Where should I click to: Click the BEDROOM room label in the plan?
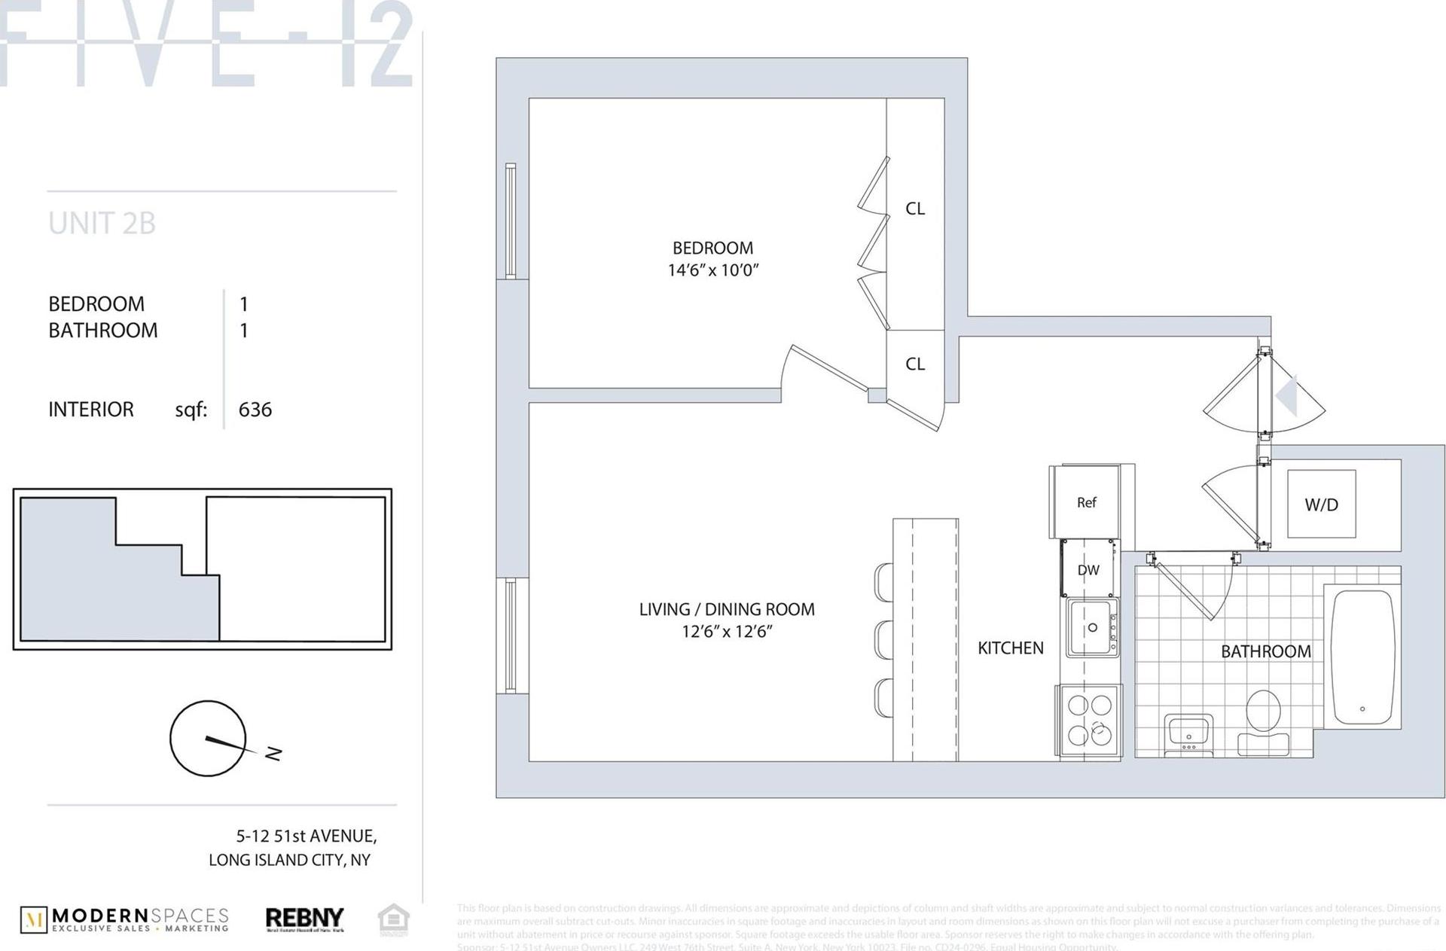[x=712, y=248]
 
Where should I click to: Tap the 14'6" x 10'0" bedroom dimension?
[x=712, y=270]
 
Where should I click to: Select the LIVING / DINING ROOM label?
[x=726, y=609]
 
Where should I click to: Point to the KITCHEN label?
[x=1010, y=648]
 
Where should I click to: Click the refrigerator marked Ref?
[x=1086, y=502]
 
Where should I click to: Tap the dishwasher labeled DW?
[x=1088, y=570]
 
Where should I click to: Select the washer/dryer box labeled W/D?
[x=1321, y=504]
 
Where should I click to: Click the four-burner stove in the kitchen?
[x=1089, y=719]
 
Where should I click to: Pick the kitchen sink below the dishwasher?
[x=1091, y=628]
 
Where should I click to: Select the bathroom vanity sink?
[x=1189, y=732]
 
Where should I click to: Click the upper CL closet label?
[x=915, y=209]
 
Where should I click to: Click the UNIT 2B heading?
[x=102, y=224]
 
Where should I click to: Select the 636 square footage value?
[x=255, y=410]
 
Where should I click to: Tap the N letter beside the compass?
[x=273, y=752]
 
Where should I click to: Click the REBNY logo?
[x=304, y=919]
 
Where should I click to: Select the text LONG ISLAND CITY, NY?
[x=289, y=860]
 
